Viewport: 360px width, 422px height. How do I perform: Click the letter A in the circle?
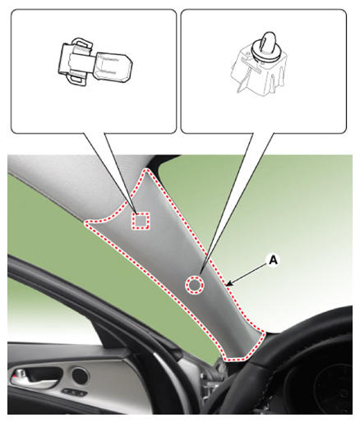pyautogui.click(x=273, y=259)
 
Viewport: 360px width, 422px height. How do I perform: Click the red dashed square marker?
pyautogui.click(x=141, y=221)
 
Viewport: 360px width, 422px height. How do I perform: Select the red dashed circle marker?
pyautogui.click(x=195, y=285)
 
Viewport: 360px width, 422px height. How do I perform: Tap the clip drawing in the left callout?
pyautogui.click(x=95, y=62)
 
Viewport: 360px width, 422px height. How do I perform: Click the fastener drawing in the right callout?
pyautogui.click(x=259, y=64)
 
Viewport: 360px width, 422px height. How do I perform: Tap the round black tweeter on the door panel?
pyautogui.click(x=80, y=376)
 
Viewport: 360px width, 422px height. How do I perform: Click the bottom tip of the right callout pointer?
pyautogui.click(x=201, y=273)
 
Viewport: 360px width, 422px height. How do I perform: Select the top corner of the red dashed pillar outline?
pyautogui.click(x=147, y=170)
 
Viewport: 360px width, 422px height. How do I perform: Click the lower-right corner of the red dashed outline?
pyautogui.click(x=264, y=333)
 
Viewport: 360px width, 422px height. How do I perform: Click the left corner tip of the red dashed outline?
pyautogui.click(x=86, y=223)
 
